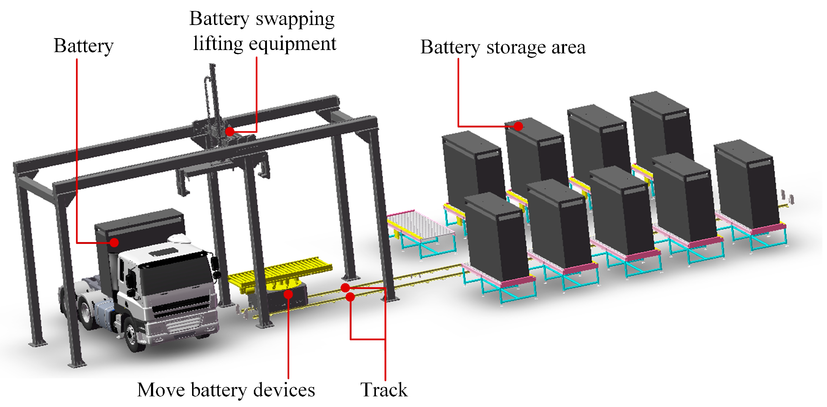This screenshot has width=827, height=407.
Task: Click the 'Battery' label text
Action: (83, 46)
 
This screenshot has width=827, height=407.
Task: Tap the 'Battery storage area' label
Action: (503, 48)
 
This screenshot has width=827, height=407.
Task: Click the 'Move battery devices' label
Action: (226, 390)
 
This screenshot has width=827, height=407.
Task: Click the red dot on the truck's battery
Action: (114, 242)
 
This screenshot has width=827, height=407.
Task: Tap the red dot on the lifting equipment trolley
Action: (230, 131)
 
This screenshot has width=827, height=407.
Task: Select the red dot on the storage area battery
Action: (518, 126)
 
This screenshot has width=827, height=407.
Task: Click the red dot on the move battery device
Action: (288, 294)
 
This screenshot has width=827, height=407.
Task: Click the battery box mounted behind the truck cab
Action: (138, 231)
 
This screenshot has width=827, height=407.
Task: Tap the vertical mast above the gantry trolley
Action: (214, 93)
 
